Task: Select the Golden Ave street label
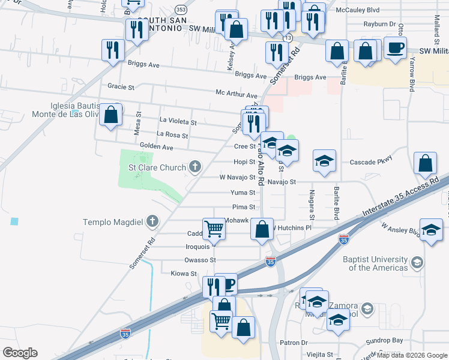click(156, 147)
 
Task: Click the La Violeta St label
click(178, 122)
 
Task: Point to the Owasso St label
click(200, 260)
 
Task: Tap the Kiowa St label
click(184, 274)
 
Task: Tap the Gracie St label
click(121, 87)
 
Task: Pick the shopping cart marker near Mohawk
click(214, 228)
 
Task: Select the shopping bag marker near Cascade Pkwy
click(425, 163)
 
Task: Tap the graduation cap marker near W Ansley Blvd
click(431, 230)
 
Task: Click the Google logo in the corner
click(20, 353)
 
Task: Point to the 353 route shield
click(181, 10)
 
